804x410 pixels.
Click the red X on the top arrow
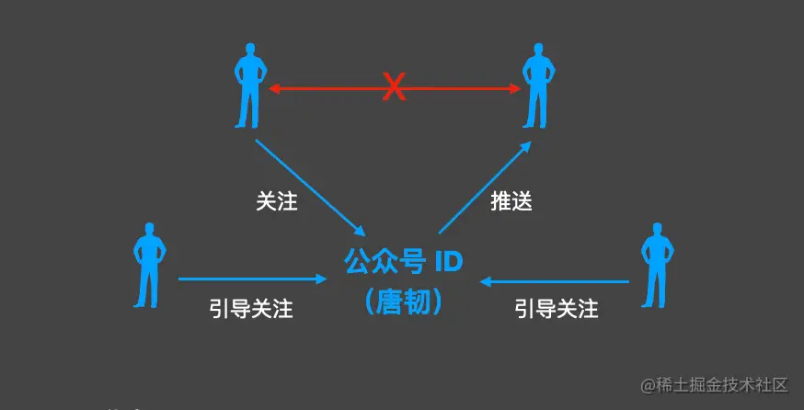(x=394, y=88)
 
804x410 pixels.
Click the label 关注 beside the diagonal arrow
(x=276, y=200)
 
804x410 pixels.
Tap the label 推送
(x=511, y=200)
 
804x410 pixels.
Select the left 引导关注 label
(x=251, y=308)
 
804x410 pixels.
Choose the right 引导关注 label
(x=557, y=308)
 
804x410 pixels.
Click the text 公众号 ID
(x=404, y=263)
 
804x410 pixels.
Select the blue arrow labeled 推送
(x=486, y=186)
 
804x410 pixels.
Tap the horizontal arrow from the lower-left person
(x=253, y=278)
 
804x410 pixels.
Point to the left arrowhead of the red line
(x=273, y=88)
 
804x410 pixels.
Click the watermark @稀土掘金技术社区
(x=716, y=383)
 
